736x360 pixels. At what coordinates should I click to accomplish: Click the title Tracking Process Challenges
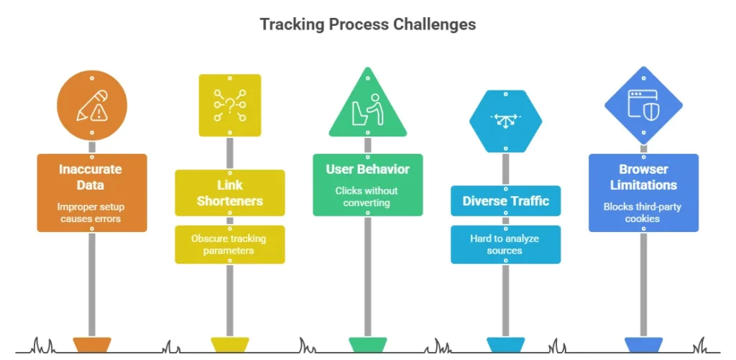[367, 24]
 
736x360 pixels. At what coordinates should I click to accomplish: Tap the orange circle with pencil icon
[92, 106]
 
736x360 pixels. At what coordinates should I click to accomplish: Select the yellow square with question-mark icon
[229, 106]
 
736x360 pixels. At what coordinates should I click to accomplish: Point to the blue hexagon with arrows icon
[505, 120]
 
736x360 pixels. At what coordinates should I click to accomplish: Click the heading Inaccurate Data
[91, 177]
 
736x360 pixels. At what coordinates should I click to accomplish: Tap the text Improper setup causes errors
[91, 213]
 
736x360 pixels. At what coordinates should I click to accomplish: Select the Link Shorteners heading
[229, 193]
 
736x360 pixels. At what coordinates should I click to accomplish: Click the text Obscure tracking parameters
[229, 244]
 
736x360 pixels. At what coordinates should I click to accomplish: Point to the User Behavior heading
[367, 170]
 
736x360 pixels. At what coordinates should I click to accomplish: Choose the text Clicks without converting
[367, 197]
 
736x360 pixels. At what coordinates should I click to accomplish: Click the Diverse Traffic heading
[505, 201]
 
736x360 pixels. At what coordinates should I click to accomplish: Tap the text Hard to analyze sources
[505, 244]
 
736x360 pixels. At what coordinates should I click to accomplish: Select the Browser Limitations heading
[643, 177]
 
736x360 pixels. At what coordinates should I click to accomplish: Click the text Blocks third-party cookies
[643, 213]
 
